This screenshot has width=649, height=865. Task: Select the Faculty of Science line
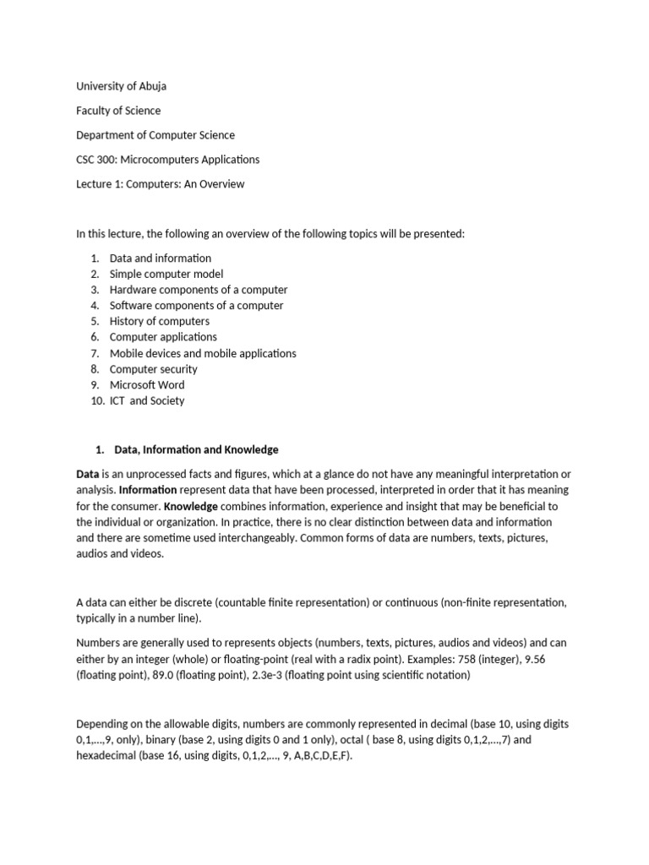[x=118, y=111]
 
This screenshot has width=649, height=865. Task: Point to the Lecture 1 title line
[x=160, y=184]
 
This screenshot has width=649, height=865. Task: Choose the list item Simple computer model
[x=166, y=275]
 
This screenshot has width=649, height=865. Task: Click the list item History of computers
[x=160, y=321]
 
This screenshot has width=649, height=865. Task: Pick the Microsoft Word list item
[x=147, y=384]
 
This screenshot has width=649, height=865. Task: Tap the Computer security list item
[x=154, y=369]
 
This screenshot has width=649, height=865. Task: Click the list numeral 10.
[x=95, y=400]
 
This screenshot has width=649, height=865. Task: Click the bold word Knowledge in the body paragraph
[x=190, y=506]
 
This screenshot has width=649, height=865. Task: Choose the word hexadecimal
[x=108, y=756]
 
